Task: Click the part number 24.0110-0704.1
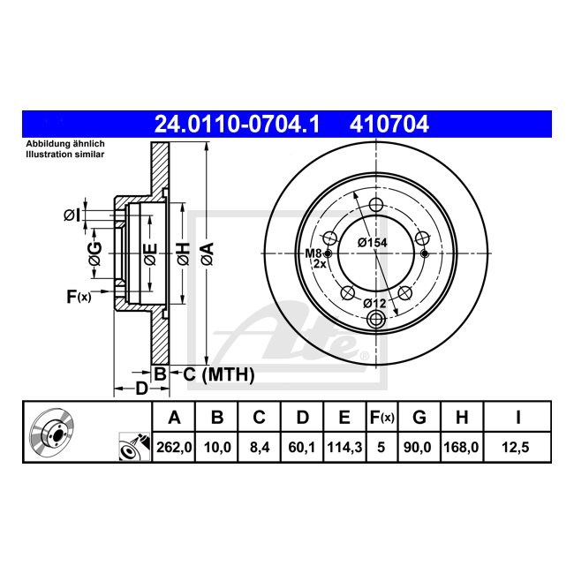[237, 125]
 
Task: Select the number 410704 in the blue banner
[389, 125]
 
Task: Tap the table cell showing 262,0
[174, 447]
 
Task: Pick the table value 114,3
[344, 447]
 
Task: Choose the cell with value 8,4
[260, 447]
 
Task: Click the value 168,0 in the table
[461, 447]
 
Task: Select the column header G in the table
[419, 417]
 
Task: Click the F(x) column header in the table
[381, 417]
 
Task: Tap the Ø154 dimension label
[373, 242]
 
